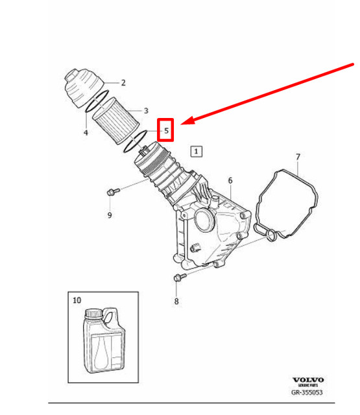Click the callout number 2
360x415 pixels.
tap(123, 82)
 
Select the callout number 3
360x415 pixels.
tap(146, 111)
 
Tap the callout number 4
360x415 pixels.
tap(86, 133)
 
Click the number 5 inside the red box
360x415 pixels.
tap(167, 130)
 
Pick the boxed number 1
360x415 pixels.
tap(197, 152)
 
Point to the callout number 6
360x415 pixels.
tap(230, 180)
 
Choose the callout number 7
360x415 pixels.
tap(298, 157)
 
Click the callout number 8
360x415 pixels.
tap(176, 302)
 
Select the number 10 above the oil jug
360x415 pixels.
tap(77, 300)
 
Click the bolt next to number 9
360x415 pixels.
tap(114, 191)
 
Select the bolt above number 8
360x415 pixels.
tap(178, 278)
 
